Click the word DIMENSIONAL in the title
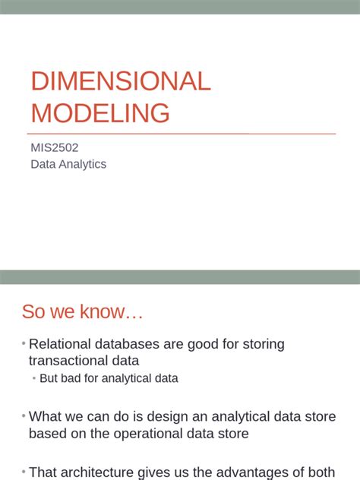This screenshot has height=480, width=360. tap(120, 81)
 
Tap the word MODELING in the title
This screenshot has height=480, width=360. tap(99, 112)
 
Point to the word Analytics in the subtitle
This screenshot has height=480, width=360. tap(81, 164)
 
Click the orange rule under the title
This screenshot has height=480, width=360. tap(182, 134)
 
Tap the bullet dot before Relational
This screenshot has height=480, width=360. tap(24, 344)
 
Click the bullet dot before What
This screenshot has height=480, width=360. tap(24, 416)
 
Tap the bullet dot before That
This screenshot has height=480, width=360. tap(24, 472)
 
